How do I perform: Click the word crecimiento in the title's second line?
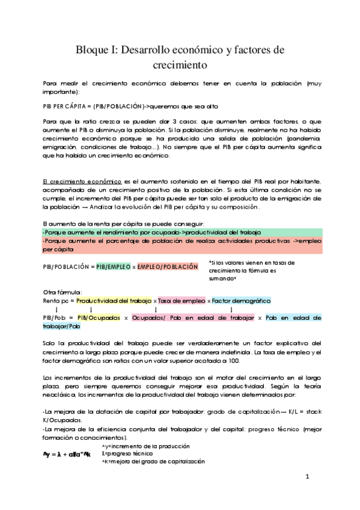pos(180,64)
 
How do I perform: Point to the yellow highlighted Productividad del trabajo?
pos(114,300)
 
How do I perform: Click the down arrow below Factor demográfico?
pos(231,309)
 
